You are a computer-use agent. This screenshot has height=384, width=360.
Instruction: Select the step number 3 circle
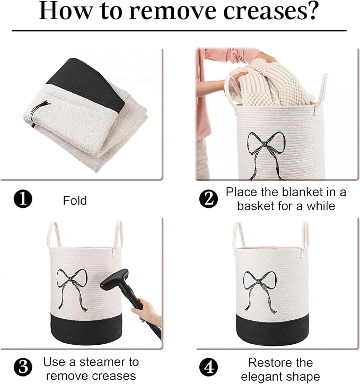click(23, 367)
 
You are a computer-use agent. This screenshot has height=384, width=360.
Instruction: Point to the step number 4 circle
click(208, 367)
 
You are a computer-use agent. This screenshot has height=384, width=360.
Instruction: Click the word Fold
click(75, 200)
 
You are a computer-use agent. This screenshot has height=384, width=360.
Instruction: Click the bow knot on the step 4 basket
click(258, 282)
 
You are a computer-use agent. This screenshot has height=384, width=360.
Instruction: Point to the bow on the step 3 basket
click(72, 289)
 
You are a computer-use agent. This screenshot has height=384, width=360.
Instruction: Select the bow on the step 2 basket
click(266, 155)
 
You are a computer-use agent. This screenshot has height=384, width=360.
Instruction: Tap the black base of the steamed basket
click(86, 329)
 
